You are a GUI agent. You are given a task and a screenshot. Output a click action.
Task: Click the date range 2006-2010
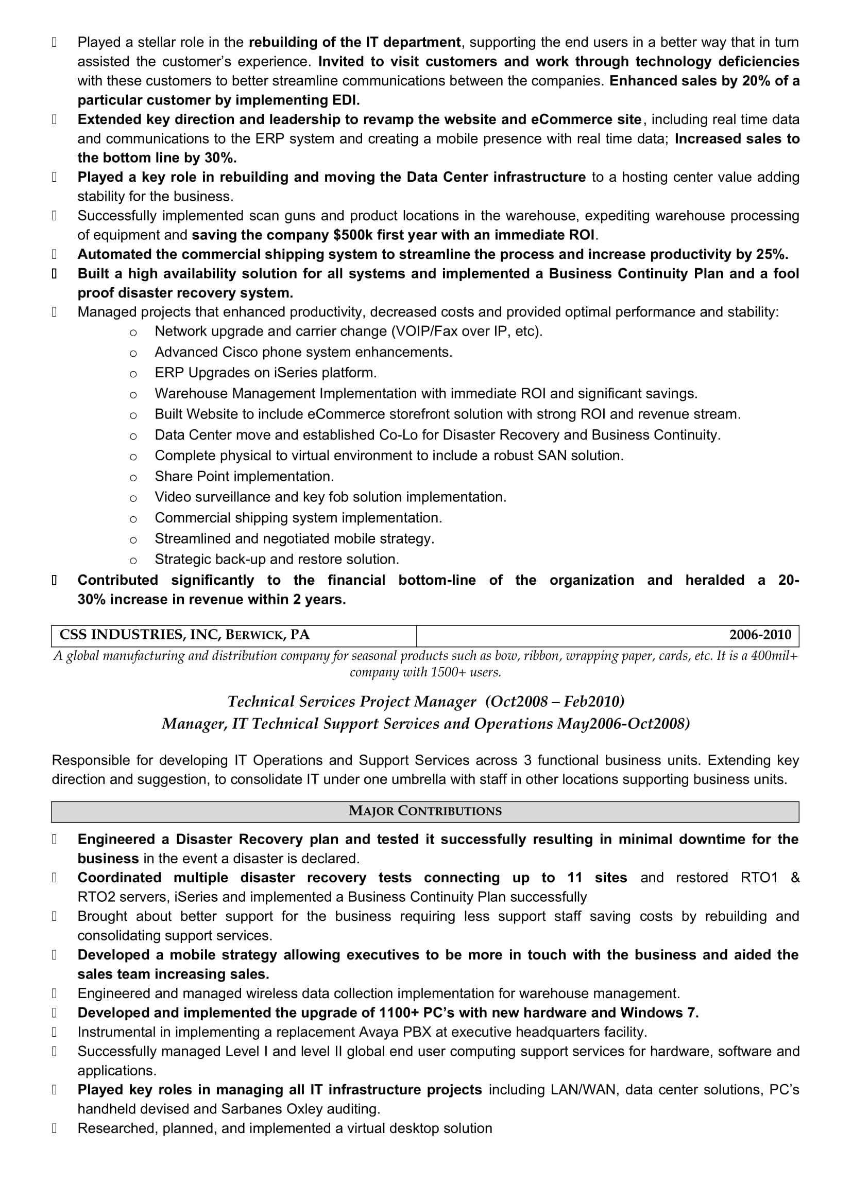coord(760,635)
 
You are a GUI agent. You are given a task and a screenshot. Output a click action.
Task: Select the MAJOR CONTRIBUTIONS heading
coord(425,811)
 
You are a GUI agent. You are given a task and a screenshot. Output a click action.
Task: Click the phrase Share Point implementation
coord(244,476)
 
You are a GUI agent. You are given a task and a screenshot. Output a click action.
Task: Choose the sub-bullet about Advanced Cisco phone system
coord(303,352)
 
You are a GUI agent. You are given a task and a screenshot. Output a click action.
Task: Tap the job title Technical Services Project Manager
coord(351,702)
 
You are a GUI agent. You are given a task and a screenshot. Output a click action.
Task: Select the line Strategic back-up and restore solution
coord(277,560)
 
